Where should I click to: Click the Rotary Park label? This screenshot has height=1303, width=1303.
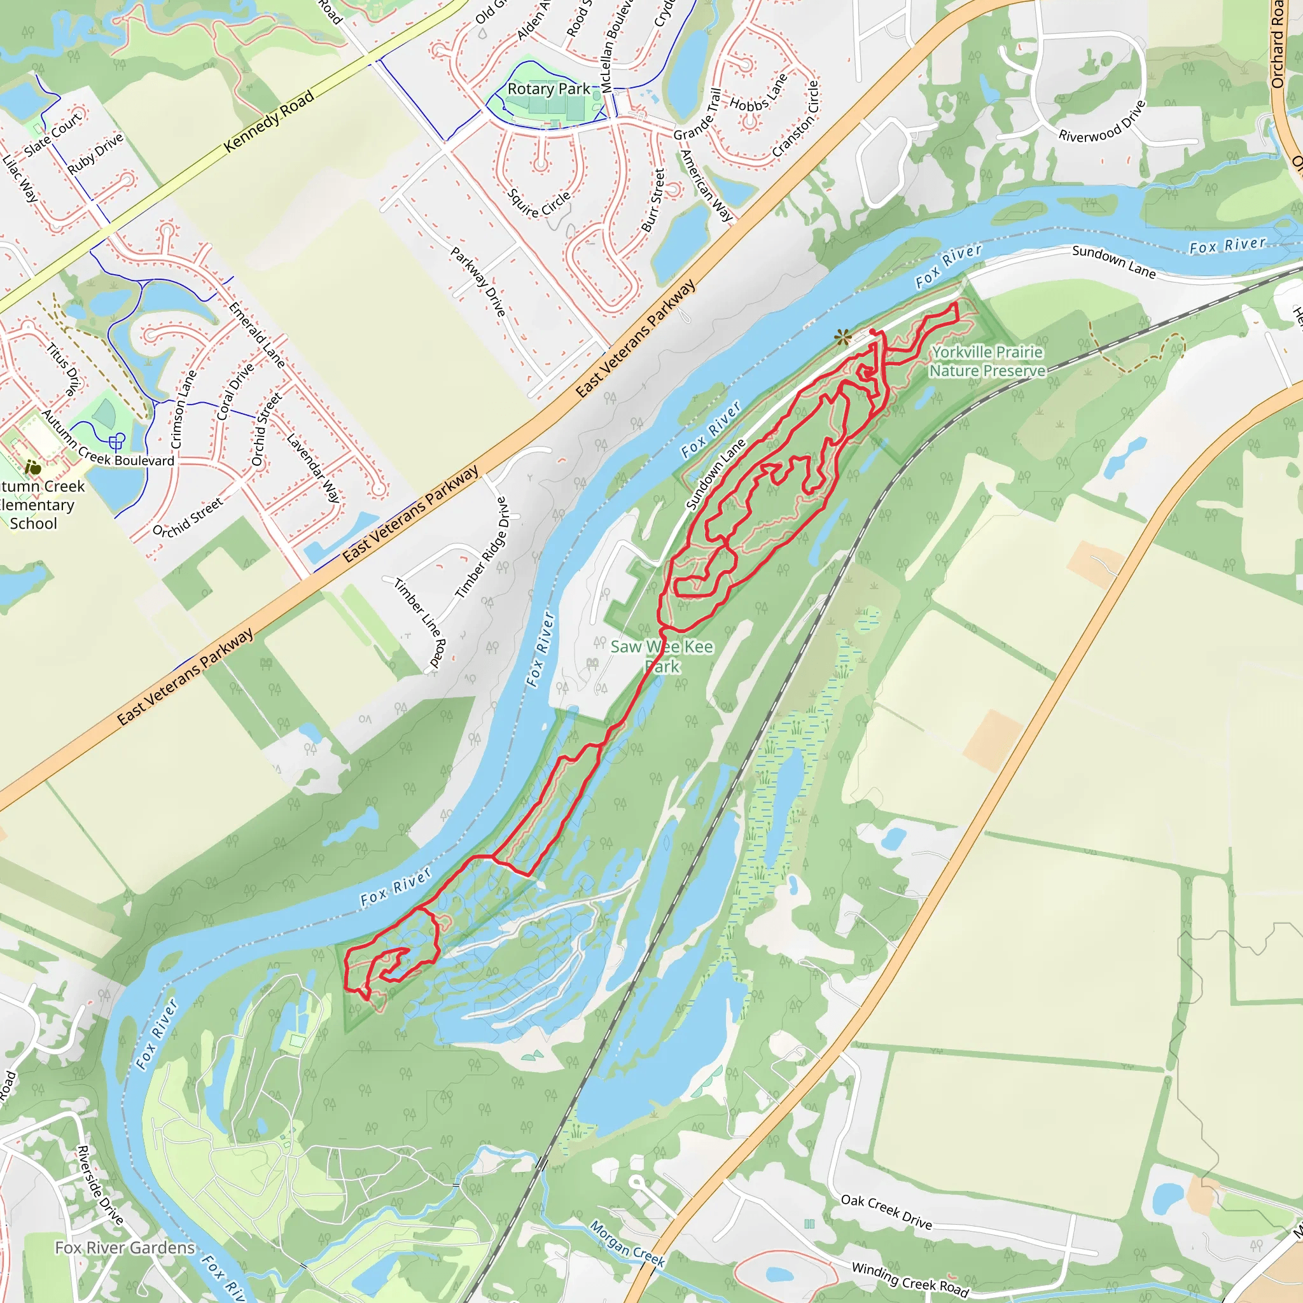pos(548,89)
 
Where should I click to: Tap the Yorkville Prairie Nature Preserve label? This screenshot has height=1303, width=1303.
pos(987,361)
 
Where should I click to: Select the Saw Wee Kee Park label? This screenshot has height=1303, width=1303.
pos(662,656)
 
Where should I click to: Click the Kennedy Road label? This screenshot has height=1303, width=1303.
pos(269,121)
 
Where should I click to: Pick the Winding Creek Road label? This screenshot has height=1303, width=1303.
pos(910,1279)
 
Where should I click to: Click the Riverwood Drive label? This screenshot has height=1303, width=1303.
pos(1102,122)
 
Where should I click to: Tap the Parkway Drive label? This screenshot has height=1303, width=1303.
pos(478,282)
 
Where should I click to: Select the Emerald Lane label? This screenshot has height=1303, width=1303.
pos(256,335)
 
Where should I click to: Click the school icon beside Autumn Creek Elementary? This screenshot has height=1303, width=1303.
pos(32,467)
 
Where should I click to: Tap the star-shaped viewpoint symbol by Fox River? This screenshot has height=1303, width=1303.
pos(842,337)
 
